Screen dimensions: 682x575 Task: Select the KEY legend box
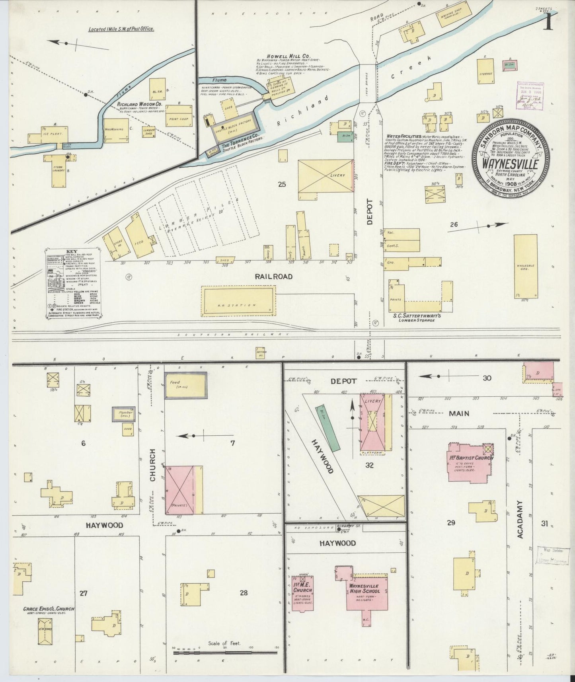click(73, 283)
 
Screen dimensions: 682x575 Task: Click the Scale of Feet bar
click(225, 652)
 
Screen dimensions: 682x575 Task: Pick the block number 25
click(282, 184)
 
